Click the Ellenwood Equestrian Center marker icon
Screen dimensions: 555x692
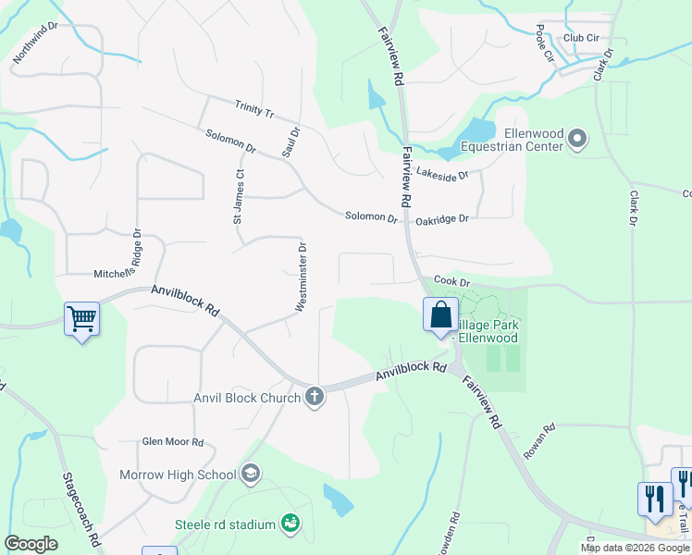pyautogui.click(x=578, y=139)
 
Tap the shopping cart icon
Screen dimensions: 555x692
pyautogui.click(x=82, y=319)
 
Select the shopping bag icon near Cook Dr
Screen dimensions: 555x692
pyautogui.click(x=440, y=314)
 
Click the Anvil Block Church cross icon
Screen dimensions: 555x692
pyautogui.click(x=315, y=397)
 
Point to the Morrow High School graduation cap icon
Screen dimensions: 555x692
pyautogui.click(x=250, y=475)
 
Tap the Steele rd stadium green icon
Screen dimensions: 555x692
pyautogui.click(x=290, y=524)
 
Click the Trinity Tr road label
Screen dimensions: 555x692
pyautogui.click(x=254, y=110)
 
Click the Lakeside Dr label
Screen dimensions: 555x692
pyautogui.click(x=442, y=173)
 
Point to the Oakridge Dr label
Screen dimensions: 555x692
pyautogui.click(x=442, y=219)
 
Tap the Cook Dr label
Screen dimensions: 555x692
pyautogui.click(x=452, y=281)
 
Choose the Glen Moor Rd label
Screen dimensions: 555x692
pyautogui.click(x=172, y=442)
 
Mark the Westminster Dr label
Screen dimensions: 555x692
pyautogui.click(x=300, y=277)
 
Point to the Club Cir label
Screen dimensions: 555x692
pyautogui.click(x=582, y=38)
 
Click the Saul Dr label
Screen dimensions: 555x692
pyautogui.click(x=294, y=142)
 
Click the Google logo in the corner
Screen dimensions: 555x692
pyautogui.click(x=31, y=544)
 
